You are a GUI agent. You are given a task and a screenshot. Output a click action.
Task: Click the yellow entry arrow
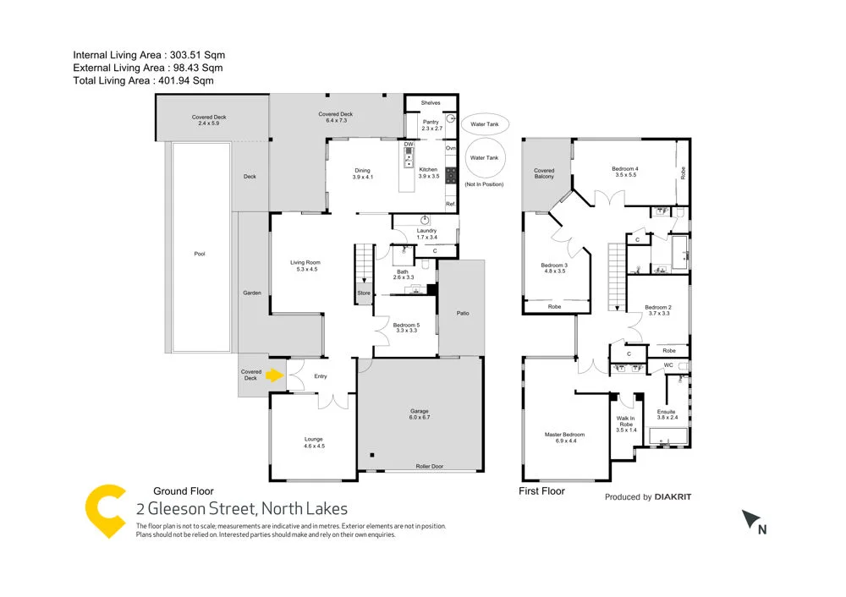point(275,375)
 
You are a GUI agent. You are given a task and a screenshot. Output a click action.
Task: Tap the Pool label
point(200,254)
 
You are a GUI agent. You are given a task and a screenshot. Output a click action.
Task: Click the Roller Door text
point(429,466)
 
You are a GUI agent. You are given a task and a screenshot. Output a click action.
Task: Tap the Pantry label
point(431,125)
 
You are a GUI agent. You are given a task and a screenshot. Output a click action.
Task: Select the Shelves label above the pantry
point(431,103)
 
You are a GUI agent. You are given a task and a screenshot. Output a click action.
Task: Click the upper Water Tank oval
point(484,123)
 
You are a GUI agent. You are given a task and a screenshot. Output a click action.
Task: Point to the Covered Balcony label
point(544,174)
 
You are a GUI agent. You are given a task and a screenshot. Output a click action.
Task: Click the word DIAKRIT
point(673,497)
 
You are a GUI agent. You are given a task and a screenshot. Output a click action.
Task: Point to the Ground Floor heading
point(184,490)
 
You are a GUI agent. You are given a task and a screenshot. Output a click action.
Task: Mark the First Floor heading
point(541,490)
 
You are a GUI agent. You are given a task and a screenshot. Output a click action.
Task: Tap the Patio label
point(463,313)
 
